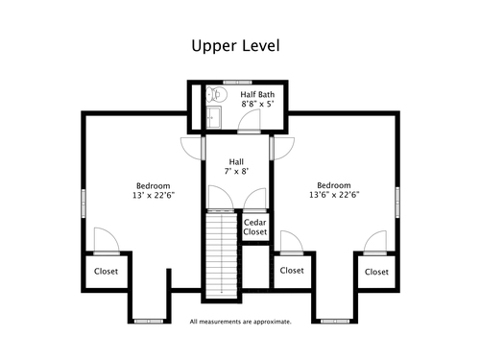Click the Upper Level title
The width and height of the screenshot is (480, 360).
235,46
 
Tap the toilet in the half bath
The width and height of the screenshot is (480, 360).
216,95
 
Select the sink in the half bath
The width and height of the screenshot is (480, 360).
213,117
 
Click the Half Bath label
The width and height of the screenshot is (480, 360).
257,94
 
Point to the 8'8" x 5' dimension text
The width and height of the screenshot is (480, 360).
257,104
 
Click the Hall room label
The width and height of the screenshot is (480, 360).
236,161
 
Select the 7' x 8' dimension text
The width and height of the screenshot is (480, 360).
236,171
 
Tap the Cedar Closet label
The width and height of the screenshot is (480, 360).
255,227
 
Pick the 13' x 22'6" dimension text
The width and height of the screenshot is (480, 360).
154,195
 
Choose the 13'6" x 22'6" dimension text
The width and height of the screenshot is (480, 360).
334,195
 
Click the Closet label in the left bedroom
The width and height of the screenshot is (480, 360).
106,272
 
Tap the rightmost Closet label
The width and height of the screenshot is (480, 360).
376,272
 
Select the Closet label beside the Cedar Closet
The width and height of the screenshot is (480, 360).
292,271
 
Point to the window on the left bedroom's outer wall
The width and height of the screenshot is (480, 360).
84,204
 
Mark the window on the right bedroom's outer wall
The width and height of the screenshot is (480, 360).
397,203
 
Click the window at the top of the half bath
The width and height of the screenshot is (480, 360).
237,83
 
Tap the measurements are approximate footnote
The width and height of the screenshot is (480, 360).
240,322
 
